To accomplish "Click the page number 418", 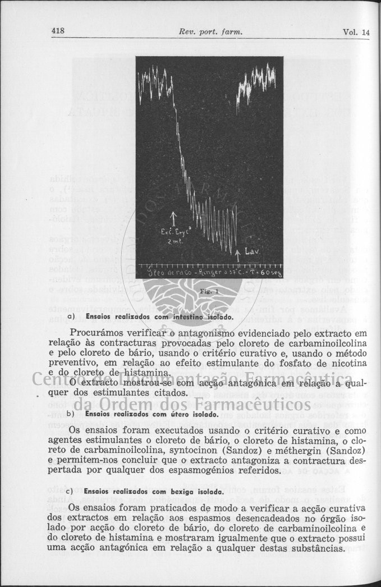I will pyautogui.click(x=58, y=31).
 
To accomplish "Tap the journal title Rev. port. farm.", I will pyautogui.click(x=209, y=33).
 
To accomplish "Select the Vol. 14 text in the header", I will pyautogui.click(x=356, y=33).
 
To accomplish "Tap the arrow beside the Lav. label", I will pyautogui.click(x=238, y=254).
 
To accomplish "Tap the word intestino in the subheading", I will pyautogui.click(x=174, y=317).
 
